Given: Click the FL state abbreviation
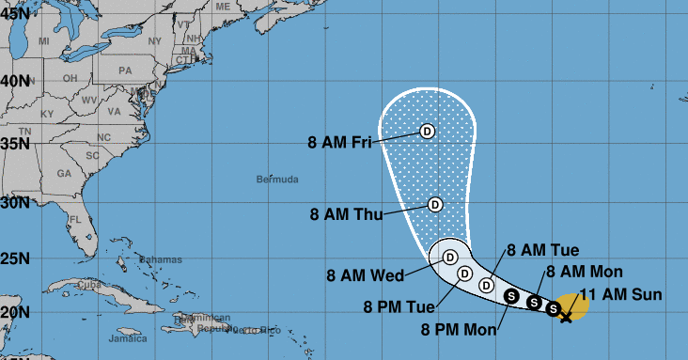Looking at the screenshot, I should pos(75,220).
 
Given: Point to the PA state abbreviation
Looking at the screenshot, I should pos(125,70).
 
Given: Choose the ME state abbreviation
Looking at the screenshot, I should pos(223,6).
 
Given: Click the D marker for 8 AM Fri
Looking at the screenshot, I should pos(428,132).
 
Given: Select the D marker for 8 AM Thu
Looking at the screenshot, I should pos(435,204).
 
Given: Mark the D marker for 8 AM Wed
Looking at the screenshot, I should pos(450,257).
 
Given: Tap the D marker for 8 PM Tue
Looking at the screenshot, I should pos(464,274).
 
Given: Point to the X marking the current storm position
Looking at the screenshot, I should pos(566,316).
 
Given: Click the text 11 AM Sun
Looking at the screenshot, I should pos(619,294).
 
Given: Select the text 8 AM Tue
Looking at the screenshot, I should pos(542,250).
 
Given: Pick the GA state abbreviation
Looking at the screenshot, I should pos(64,174).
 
